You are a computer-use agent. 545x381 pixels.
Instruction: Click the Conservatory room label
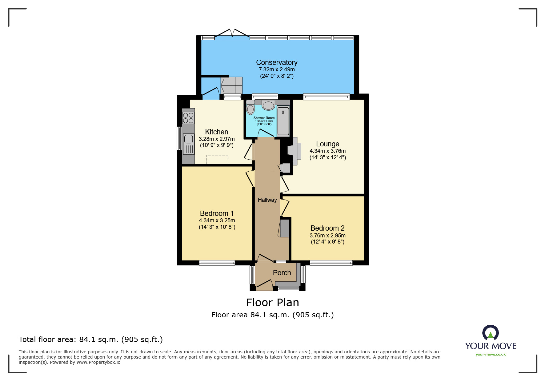[x=277, y=62]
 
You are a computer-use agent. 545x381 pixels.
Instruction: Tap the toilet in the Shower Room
[x=250, y=108]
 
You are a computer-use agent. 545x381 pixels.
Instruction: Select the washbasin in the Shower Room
[x=268, y=105]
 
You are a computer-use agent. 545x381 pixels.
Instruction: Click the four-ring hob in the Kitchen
[x=188, y=118]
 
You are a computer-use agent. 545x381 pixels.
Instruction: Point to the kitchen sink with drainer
[x=189, y=144]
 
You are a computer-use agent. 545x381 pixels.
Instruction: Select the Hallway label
[x=267, y=200]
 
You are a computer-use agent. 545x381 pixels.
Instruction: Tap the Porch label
[x=282, y=273]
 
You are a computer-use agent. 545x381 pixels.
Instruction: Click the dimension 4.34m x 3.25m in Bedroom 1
[x=217, y=220]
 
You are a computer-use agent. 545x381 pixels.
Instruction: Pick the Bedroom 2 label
[x=327, y=228]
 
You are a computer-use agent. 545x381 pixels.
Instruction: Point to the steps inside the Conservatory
[x=232, y=85]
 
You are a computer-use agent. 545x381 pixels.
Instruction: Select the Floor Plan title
[x=272, y=303]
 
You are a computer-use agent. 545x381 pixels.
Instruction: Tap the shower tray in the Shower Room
[x=283, y=121]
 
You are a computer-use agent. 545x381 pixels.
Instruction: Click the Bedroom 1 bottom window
[x=217, y=263]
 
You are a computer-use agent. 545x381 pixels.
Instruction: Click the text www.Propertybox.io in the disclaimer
[x=98, y=362]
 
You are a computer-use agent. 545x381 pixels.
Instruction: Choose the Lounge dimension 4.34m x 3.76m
[x=327, y=151]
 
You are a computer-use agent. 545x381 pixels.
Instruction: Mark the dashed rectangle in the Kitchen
[x=217, y=160]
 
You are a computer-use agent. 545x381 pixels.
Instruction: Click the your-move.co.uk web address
[x=491, y=355]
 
